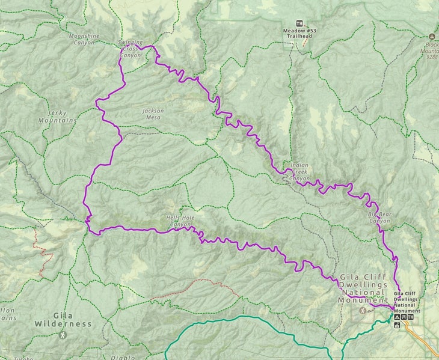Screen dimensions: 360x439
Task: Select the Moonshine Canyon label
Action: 84,39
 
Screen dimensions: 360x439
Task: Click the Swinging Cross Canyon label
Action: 131,49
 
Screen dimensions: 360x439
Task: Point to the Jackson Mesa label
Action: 153,114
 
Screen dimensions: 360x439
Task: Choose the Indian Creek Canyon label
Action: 299,171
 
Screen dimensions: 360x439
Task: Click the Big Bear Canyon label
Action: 379,217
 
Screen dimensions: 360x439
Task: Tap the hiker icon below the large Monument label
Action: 362,310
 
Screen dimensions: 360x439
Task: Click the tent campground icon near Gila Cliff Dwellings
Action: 396,317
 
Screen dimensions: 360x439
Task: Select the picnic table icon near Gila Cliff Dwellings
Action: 404,317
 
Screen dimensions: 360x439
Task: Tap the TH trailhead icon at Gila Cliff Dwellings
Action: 411,317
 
